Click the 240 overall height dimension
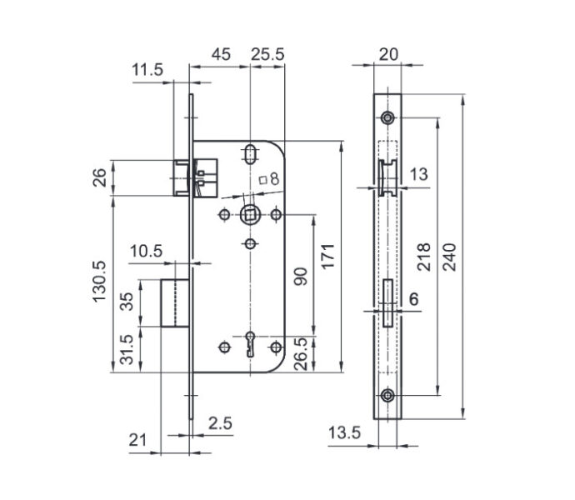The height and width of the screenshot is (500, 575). pyautogui.click(x=450, y=257)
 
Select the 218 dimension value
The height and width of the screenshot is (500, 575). pyautogui.click(x=424, y=257)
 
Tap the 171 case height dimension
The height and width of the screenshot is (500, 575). pyautogui.click(x=328, y=256)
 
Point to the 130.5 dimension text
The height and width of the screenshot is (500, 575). pyautogui.click(x=99, y=282)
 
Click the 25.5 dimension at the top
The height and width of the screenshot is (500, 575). pyautogui.click(x=267, y=54)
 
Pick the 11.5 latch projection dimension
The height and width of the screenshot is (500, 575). pyautogui.click(x=147, y=69)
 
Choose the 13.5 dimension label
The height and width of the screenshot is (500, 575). pyautogui.click(x=344, y=432)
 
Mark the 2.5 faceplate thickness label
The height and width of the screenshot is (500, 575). pyautogui.click(x=220, y=423)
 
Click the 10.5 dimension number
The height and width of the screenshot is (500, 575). pyautogui.click(x=146, y=252)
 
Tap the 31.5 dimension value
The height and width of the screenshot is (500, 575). pyautogui.click(x=127, y=349)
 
